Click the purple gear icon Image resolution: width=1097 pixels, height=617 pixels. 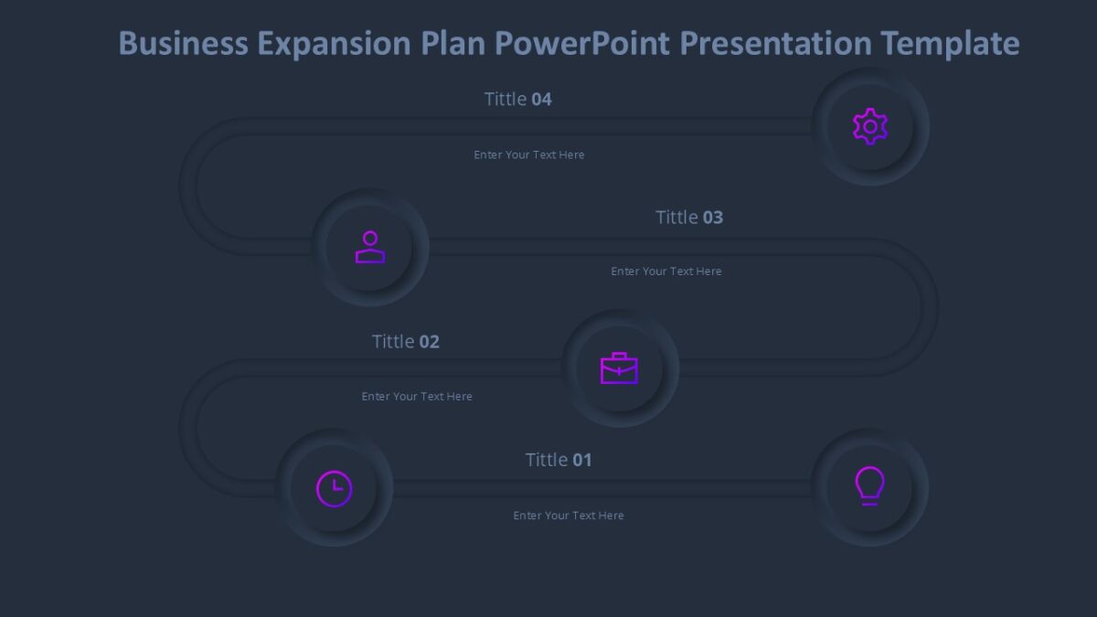click(x=870, y=126)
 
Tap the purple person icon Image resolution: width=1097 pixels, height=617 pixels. click(x=370, y=247)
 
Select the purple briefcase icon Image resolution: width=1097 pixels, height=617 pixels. click(x=619, y=368)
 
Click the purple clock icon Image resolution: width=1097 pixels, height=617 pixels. click(x=335, y=488)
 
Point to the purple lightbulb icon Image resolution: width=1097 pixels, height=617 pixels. click(x=869, y=486)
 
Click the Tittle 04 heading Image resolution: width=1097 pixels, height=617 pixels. click(x=517, y=99)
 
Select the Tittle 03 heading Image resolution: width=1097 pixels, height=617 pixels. click(x=689, y=217)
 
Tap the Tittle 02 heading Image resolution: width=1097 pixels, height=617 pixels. click(x=405, y=341)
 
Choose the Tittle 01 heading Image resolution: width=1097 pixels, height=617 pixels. click(x=559, y=460)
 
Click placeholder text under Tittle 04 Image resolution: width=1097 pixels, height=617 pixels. click(x=528, y=154)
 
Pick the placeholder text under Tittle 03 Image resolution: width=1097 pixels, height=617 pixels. click(x=666, y=271)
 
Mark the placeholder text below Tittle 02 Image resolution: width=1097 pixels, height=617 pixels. click(x=417, y=397)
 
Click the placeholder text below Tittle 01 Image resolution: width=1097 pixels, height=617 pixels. click(x=569, y=516)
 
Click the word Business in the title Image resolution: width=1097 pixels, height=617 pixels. click(x=183, y=43)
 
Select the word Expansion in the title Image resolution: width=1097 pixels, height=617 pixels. click(x=334, y=43)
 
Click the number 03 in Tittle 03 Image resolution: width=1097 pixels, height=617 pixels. click(x=713, y=217)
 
